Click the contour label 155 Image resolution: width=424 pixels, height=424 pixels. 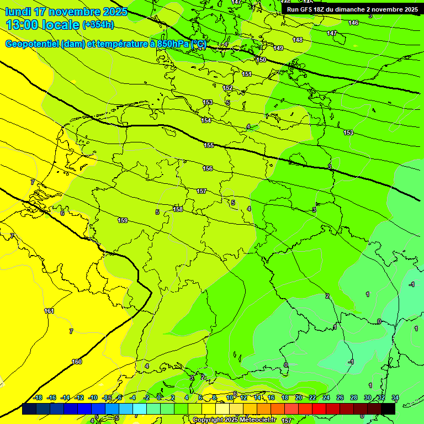click(209, 145)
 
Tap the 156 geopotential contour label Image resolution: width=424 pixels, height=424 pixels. click(208, 168)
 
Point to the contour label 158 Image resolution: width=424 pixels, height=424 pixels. click(178, 209)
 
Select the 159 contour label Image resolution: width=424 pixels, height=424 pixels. click(123, 220)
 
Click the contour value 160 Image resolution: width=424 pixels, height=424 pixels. click(77, 362)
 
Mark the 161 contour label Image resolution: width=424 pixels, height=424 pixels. click(49, 311)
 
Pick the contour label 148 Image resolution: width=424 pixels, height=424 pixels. click(298, 40)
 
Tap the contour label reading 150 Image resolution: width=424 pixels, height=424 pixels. click(261, 60)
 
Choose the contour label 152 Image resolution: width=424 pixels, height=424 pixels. click(227, 88)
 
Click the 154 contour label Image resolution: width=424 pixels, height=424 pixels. click(206, 120)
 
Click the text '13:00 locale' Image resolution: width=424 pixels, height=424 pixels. click(43, 25)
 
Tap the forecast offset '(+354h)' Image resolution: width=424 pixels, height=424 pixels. click(98, 25)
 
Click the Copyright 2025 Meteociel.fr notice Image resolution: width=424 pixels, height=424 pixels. click(234, 420)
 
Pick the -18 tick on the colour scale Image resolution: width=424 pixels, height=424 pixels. click(38, 397)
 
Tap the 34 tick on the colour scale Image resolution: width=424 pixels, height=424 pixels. click(395, 397)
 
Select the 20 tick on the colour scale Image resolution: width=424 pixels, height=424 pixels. click(299, 397)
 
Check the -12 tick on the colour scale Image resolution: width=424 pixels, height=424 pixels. click(79, 397)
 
